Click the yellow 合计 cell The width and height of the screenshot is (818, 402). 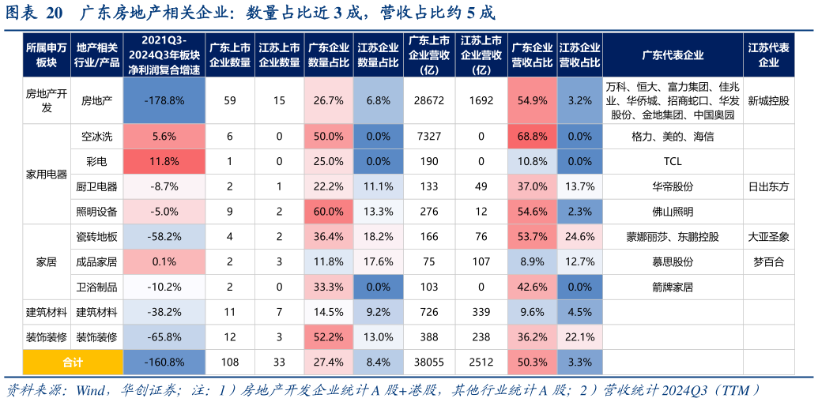point(73,363)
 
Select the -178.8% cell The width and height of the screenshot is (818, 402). point(164,101)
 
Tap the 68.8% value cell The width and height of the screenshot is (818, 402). point(532,137)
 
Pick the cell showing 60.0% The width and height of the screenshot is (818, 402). point(328,212)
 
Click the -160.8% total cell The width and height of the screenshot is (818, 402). point(164,363)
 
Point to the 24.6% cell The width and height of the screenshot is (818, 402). point(579,237)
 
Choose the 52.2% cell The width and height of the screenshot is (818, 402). point(328,337)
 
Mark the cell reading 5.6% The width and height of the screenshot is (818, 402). point(164,137)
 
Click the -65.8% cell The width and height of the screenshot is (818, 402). point(164,337)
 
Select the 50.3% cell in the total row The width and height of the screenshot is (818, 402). point(532,363)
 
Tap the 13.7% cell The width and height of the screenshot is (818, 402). point(579,186)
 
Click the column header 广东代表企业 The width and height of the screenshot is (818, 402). point(672,55)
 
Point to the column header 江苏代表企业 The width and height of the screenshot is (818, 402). point(768,55)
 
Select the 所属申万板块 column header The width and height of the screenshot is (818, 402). point(47,55)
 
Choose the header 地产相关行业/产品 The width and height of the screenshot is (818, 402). point(97,55)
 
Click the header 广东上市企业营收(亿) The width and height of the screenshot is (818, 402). point(429,55)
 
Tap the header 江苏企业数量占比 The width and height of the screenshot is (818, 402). point(378,55)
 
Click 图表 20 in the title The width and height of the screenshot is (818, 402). point(33,13)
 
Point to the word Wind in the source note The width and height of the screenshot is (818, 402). point(92,390)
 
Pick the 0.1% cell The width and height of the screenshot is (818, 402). point(164,262)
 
